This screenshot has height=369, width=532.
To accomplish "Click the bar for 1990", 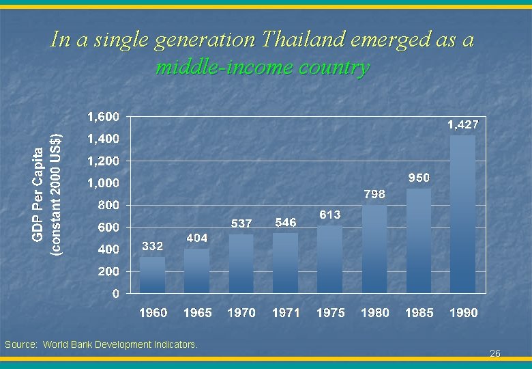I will pyautogui.click(x=463, y=214).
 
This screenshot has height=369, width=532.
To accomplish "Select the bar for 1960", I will pyautogui.click(x=153, y=275).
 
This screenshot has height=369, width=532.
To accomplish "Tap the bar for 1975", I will pyautogui.click(x=330, y=259).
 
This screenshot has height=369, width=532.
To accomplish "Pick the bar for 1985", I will pyautogui.click(x=419, y=241).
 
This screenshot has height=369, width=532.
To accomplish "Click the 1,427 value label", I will pyautogui.click(x=462, y=124).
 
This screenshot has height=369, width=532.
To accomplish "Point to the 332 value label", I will pyautogui.click(x=152, y=246).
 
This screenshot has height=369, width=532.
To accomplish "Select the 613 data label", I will pyautogui.click(x=330, y=215).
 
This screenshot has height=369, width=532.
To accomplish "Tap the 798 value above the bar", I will pyautogui.click(x=374, y=194).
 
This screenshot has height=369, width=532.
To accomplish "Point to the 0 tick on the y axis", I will pyautogui.click(x=115, y=294).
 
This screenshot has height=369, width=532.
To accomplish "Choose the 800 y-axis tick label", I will pyautogui.click(x=108, y=205).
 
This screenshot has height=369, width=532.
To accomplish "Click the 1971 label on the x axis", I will pyautogui.click(x=286, y=313).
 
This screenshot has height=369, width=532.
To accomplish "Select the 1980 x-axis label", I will pyautogui.click(x=374, y=313).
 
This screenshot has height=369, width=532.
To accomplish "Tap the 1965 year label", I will pyautogui.click(x=197, y=313).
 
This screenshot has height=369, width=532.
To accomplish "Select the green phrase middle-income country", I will pyautogui.click(x=263, y=68).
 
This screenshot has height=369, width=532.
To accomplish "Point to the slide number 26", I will pyautogui.click(x=495, y=353).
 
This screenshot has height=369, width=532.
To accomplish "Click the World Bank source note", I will pyautogui.click(x=101, y=344).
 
